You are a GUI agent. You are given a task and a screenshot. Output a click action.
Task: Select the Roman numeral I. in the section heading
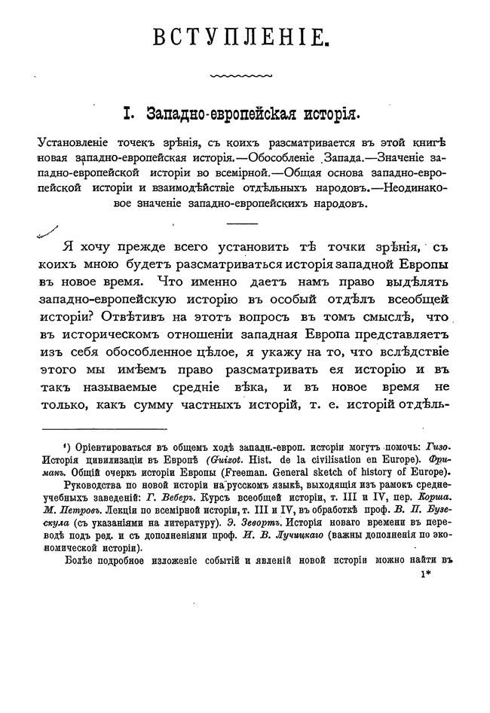tap(128, 113)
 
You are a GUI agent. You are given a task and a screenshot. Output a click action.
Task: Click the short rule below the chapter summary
tap(241, 224)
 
